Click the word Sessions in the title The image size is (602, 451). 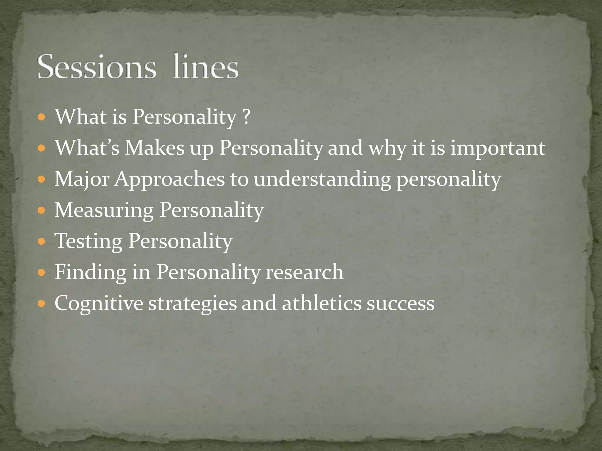coord(96,67)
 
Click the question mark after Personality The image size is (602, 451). coord(247,117)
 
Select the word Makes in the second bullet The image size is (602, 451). coord(155,148)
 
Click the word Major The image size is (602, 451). coord(82,179)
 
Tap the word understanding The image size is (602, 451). coord(322,179)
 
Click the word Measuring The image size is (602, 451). coord(104,211)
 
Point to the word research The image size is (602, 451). coord(304,272)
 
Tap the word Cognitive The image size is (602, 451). coord(99,303)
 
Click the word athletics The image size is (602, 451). coord(322,303)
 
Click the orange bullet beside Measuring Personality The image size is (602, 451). coord(41,211)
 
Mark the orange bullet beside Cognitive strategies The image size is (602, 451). coord(41,304)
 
